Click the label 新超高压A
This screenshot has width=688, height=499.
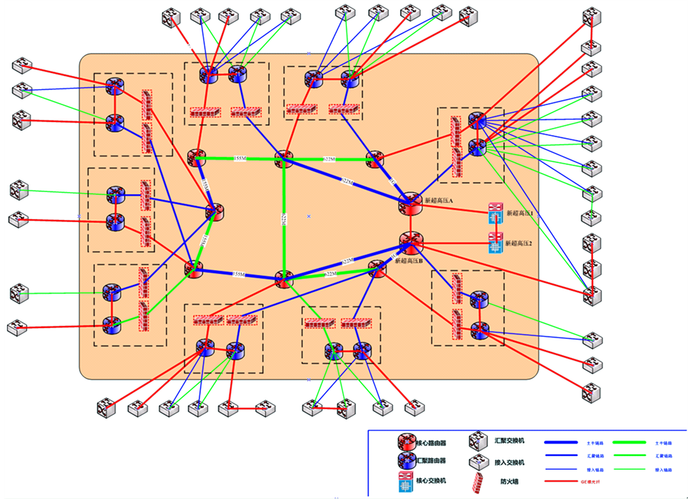point(440,199)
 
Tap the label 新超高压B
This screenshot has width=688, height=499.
point(409,260)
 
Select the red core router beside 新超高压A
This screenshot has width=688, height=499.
point(409,205)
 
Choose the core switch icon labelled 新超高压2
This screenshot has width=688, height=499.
point(496,243)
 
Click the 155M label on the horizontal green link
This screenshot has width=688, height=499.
point(240,159)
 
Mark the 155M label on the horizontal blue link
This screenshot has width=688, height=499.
point(238,275)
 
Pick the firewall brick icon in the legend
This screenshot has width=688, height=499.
point(478,482)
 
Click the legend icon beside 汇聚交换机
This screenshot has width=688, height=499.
point(478,441)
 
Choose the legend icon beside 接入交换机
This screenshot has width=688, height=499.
point(478,462)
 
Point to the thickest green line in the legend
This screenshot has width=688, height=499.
point(631,442)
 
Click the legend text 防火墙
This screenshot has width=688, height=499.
point(509,482)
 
